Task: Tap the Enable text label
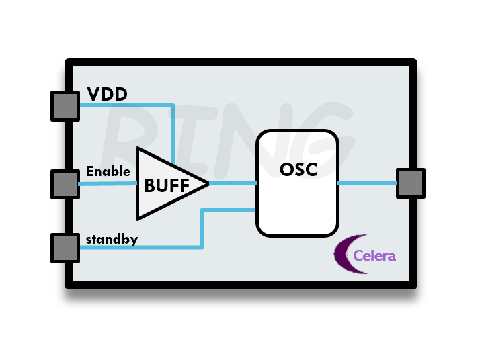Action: click(108, 171)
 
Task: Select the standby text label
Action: click(112, 239)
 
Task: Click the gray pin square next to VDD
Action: click(65, 106)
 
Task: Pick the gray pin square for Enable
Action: click(65, 183)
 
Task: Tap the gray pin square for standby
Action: click(65, 247)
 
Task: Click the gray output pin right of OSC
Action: click(410, 183)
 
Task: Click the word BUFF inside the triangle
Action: click(167, 185)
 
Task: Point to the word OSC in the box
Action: click(297, 169)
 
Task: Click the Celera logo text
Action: click(374, 256)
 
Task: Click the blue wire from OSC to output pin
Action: click(366, 183)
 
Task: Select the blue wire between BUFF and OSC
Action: click(233, 183)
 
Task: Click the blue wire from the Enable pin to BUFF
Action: click(108, 183)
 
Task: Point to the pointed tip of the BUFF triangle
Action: click(208, 183)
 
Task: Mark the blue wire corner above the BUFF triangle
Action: click(173, 105)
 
